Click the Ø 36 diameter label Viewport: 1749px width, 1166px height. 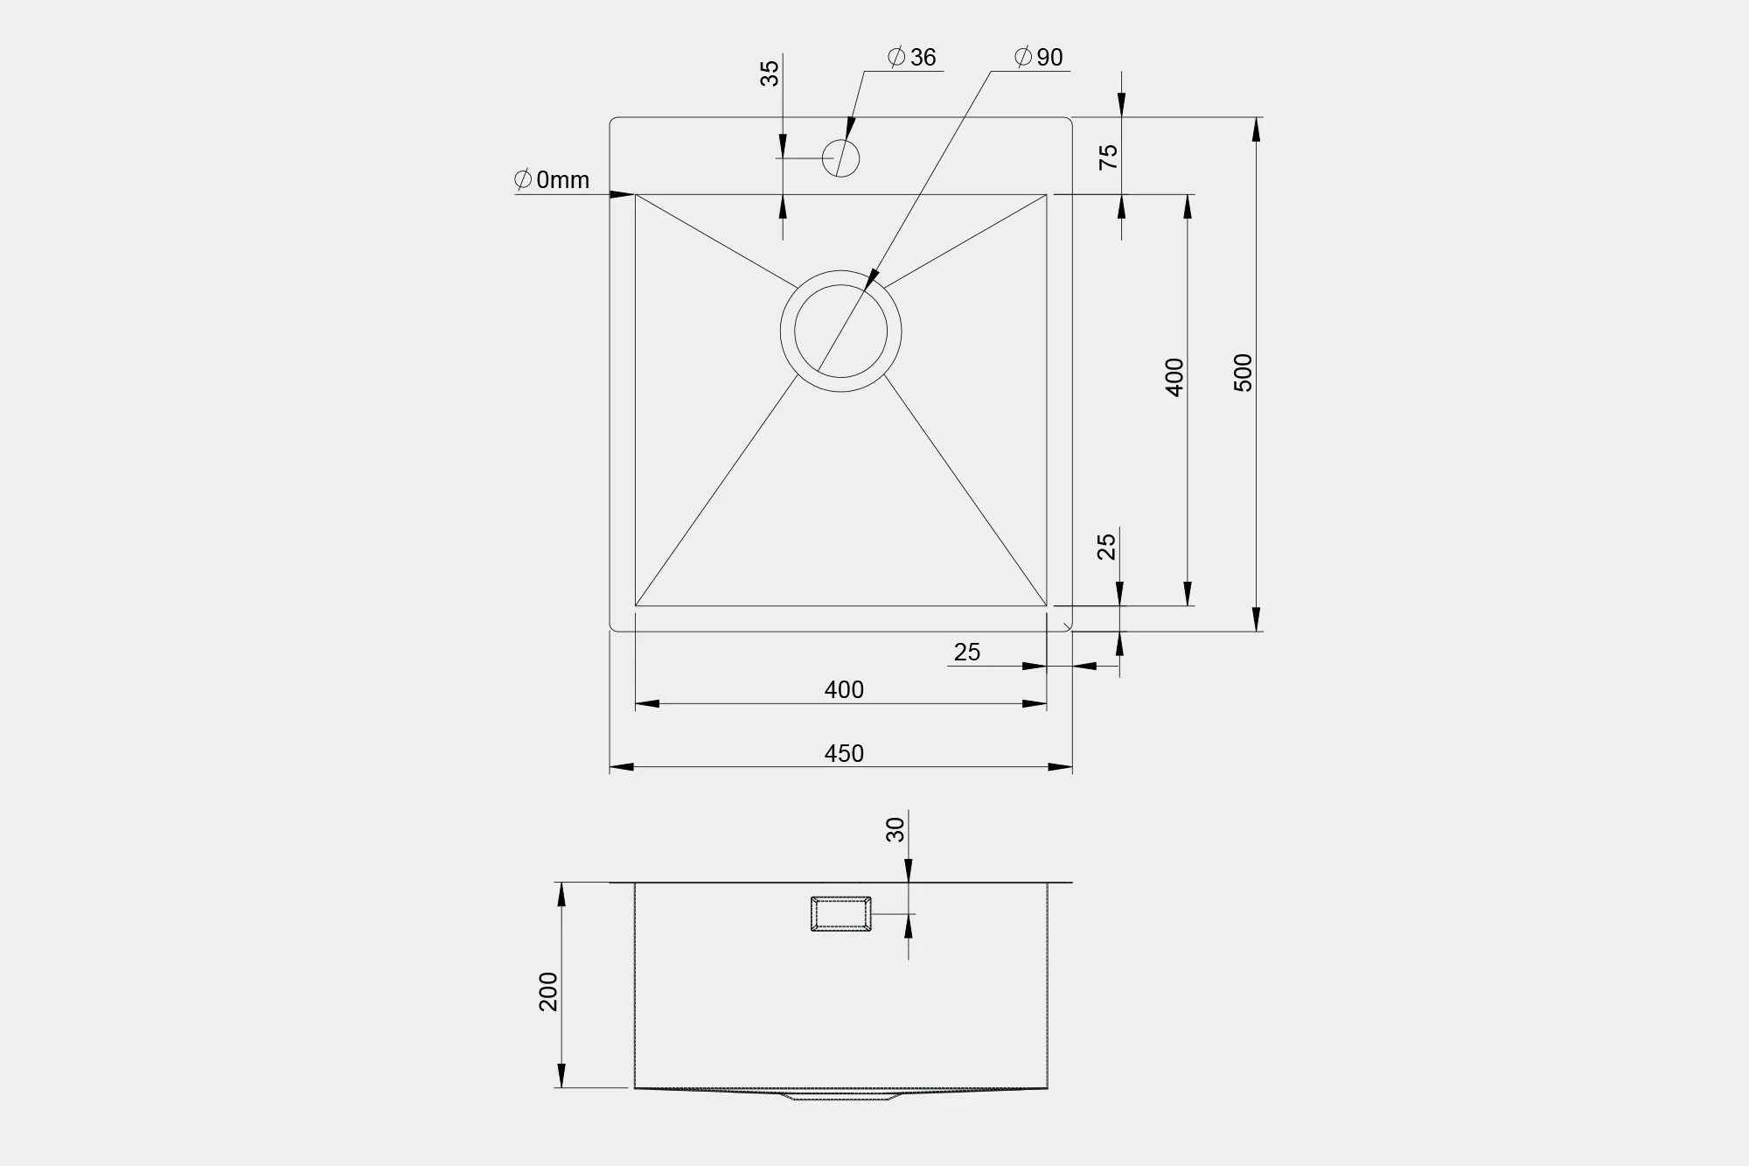(x=911, y=58)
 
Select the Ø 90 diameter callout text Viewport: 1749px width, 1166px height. (x=1038, y=58)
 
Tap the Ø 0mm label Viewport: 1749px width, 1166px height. (x=552, y=180)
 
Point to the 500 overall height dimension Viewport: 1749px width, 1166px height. (x=1243, y=373)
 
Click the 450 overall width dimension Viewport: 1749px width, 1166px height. (x=844, y=753)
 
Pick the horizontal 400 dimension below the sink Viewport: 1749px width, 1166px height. (x=844, y=690)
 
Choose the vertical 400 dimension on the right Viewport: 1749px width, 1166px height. (x=1174, y=377)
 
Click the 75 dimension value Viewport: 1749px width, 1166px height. (x=1108, y=157)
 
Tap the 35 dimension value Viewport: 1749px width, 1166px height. (x=769, y=73)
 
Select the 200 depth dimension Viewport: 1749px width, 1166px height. (x=547, y=992)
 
